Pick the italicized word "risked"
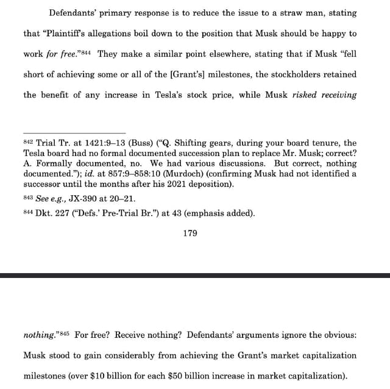305,95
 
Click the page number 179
190,233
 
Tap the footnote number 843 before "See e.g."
29,198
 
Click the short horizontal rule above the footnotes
74,132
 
